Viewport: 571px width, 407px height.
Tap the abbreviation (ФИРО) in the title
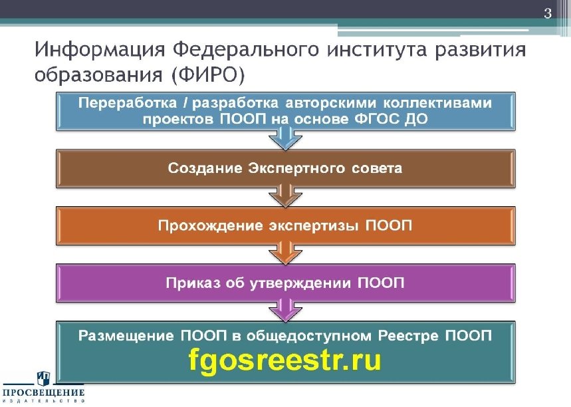click(x=208, y=74)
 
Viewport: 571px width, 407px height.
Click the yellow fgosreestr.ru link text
click(x=285, y=360)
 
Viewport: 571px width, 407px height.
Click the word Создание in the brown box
click(x=205, y=168)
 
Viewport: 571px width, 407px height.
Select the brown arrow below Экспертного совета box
click(x=285, y=196)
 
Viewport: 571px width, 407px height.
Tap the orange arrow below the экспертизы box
click(x=285, y=253)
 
